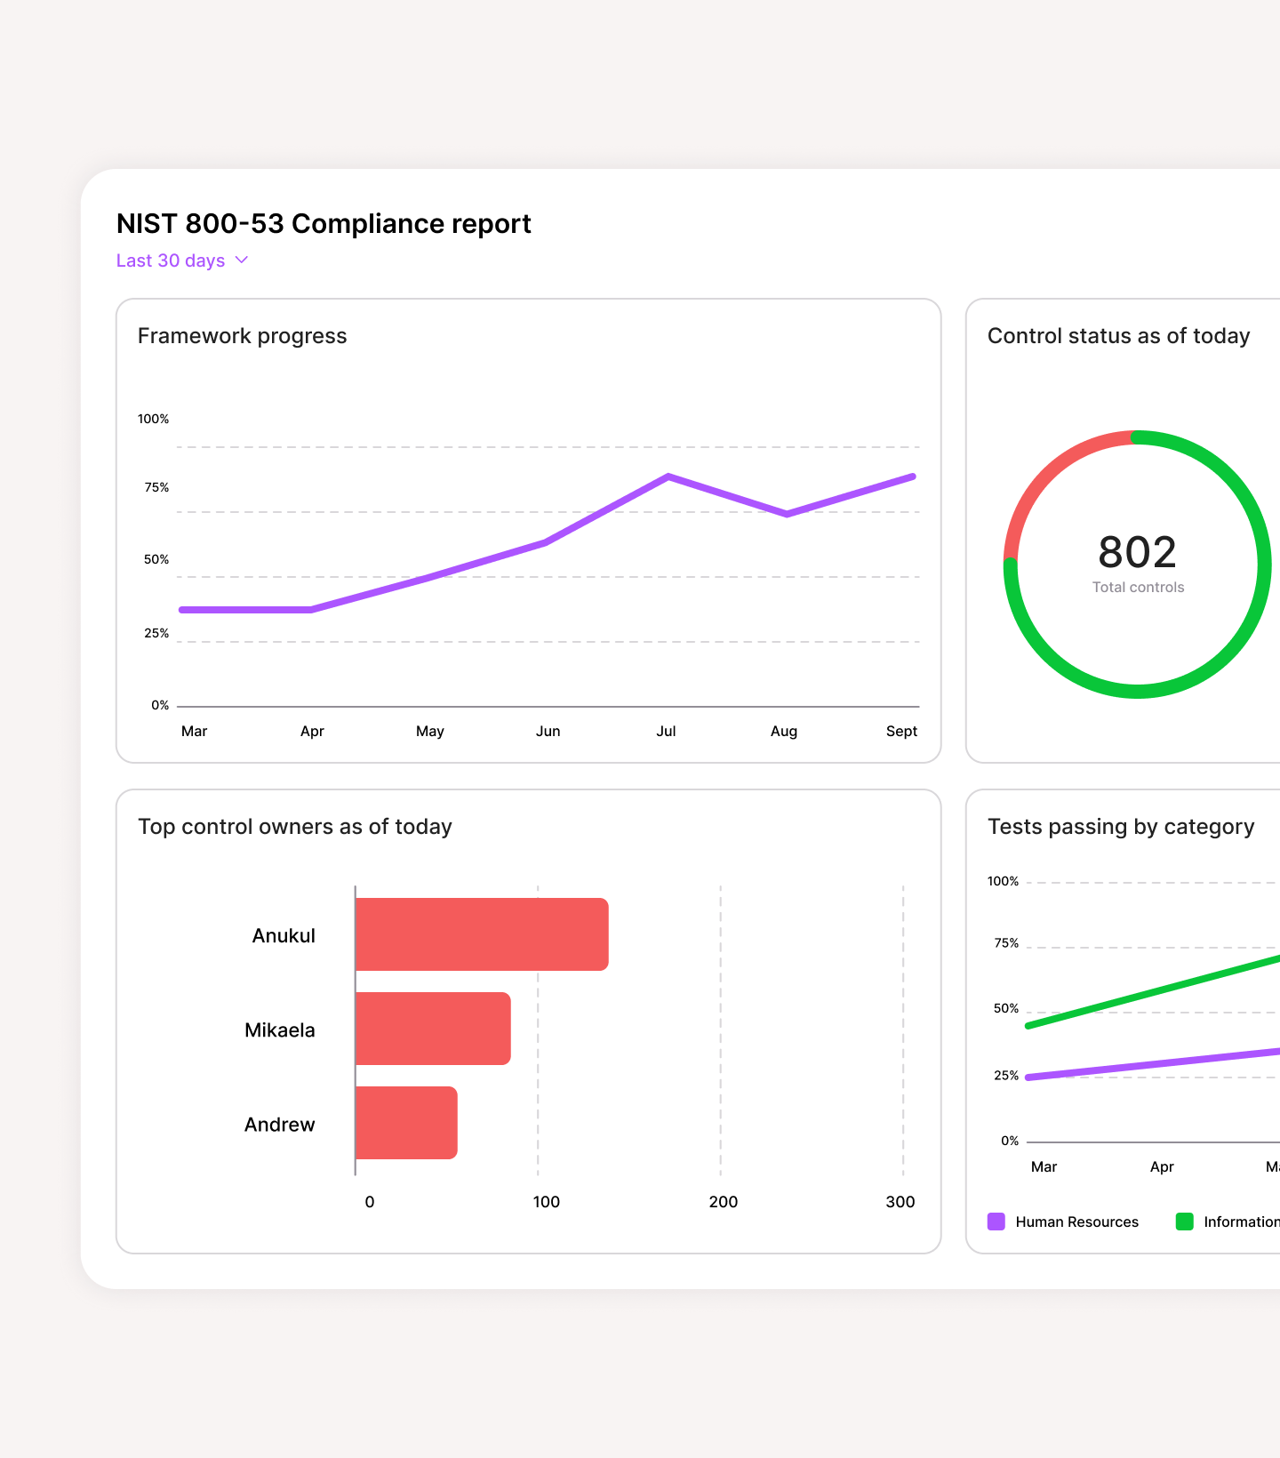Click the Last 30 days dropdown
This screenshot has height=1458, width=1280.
(181, 260)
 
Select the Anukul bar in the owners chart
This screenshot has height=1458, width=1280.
(481, 934)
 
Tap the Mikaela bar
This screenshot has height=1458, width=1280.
(433, 1029)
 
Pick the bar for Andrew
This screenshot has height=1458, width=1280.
(406, 1123)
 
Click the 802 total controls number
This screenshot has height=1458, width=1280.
(1137, 552)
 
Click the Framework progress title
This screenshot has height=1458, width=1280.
(242, 336)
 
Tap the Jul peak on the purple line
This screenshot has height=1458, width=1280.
(668, 477)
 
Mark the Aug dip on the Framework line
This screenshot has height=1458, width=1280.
(787, 514)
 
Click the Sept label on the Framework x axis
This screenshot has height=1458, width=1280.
(901, 731)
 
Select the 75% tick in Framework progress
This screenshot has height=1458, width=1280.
(156, 487)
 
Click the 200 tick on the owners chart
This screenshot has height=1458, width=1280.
(723, 1202)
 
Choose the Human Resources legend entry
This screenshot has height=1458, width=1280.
(1063, 1222)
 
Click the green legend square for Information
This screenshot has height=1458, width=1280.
(1184, 1222)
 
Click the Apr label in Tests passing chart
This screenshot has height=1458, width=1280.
(1161, 1166)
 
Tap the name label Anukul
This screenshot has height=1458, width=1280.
(284, 935)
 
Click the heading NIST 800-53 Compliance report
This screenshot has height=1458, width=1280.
(324, 223)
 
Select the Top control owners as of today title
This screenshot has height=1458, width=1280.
(295, 827)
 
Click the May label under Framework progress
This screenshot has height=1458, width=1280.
(429, 731)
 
